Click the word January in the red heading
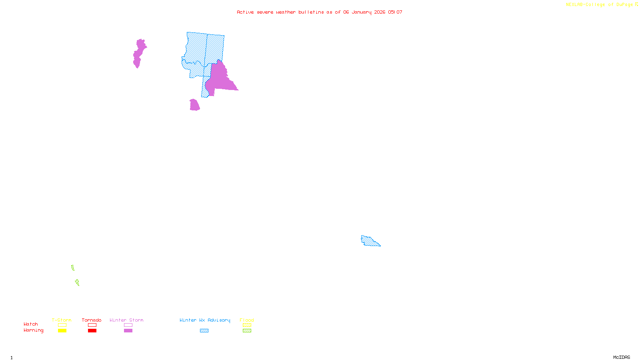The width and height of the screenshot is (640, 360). tap(362, 12)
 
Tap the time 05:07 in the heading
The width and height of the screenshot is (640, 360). tap(395, 12)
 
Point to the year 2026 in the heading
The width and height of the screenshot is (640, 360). tap(380, 12)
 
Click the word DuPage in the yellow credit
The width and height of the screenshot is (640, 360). tap(624, 5)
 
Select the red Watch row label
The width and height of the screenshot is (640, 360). tap(31, 324)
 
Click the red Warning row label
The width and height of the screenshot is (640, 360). tap(34, 330)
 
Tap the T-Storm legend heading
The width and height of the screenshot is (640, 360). tap(62, 320)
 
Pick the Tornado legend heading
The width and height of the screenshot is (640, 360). tap(92, 320)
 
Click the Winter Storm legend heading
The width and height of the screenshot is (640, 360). tap(126, 320)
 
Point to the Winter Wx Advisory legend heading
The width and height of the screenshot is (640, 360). tap(205, 320)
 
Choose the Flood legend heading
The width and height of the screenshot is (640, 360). tap(247, 320)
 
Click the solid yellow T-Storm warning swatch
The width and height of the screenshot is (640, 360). tap(62, 331)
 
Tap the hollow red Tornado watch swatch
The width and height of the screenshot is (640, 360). tap(92, 325)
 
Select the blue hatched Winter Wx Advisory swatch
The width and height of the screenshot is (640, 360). tap(204, 331)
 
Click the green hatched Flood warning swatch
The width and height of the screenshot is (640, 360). tap(247, 331)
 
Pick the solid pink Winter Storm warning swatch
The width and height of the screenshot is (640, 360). tap(128, 331)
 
